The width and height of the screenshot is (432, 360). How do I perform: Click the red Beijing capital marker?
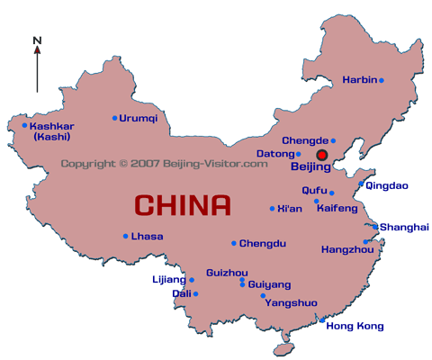[321, 155]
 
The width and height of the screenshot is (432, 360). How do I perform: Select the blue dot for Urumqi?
[114, 118]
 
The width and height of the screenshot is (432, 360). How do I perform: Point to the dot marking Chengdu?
[234, 243]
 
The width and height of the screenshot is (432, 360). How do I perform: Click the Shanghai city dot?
[375, 227]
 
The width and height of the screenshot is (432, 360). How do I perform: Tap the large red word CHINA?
[182, 205]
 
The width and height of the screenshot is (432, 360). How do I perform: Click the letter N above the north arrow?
[37, 40]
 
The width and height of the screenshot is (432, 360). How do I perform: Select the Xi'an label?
[292, 208]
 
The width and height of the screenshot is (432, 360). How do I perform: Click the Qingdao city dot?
[362, 185]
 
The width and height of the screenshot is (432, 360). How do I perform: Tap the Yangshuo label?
[290, 303]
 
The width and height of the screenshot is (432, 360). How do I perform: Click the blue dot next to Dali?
[195, 293]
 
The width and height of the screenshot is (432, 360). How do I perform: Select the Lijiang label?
[168, 280]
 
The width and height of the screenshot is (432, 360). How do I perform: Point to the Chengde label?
[305, 140]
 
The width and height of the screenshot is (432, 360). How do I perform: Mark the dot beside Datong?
[299, 154]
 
